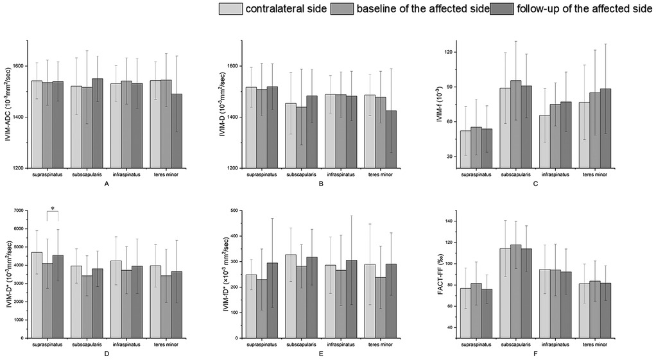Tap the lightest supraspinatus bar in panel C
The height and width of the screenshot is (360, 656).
click(x=465, y=150)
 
